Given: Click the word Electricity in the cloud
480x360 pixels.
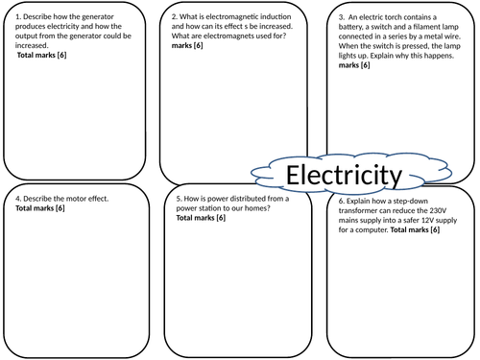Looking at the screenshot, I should pyautogui.click(x=345, y=176).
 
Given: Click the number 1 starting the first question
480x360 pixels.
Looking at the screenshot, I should pyautogui.click(x=18, y=16).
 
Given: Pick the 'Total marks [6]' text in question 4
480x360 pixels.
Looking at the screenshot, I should pyautogui.click(x=40, y=208).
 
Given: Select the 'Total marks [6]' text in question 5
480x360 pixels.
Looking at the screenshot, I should pyautogui.click(x=200, y=218).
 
